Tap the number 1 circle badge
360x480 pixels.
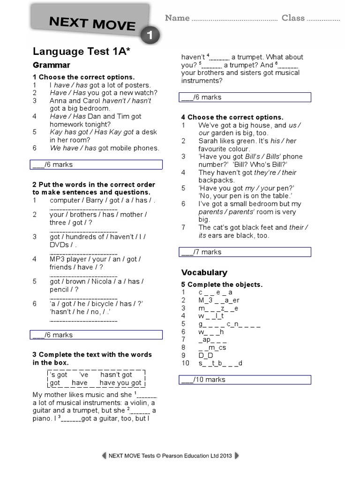coord(150,35)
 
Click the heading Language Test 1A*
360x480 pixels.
coord(81,52)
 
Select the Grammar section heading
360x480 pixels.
coord(52,65)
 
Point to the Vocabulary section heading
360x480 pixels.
coord(204,272)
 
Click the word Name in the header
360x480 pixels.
coord(177,18)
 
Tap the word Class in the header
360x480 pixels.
coord(293,18)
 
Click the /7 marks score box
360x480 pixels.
coord(246,252)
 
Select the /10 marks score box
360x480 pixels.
coord(246,380)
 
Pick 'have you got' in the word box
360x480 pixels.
coord(120,383)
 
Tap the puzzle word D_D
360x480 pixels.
coord(206,355)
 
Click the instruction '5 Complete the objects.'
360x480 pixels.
coord(222,285)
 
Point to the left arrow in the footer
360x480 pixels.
coord(104,456)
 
